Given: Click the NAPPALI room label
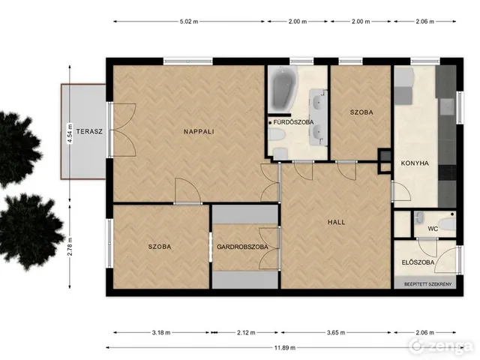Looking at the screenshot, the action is point(199,132).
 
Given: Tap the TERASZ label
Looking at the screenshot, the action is point(89,132).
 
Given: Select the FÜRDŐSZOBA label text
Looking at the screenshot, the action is point(293,122).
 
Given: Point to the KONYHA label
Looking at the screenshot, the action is point(415,163).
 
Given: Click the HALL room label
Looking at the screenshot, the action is point(337,222).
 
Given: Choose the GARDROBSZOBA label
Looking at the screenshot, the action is point(242,247).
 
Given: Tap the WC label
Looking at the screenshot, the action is point(433,229).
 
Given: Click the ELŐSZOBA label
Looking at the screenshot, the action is point(418,262).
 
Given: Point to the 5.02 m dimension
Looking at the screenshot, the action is point(189,22).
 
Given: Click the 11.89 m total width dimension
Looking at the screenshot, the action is point(285,347).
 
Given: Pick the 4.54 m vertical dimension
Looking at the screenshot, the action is point(70,133).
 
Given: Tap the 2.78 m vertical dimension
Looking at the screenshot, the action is point(70,247).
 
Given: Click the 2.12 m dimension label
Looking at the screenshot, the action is point(246,332).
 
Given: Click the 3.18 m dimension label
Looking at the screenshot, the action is point(161,332).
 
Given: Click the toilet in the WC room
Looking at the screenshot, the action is point(447,224).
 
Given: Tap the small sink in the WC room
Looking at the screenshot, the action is point(419,218).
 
